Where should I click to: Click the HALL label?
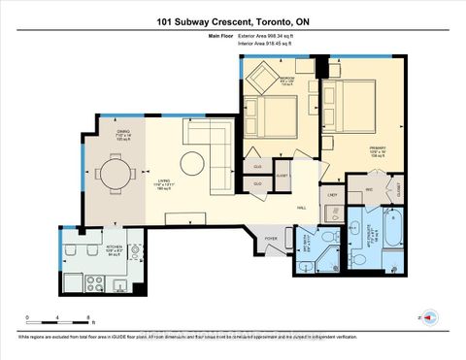pos(301,208)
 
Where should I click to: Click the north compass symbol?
pos(422,316)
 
